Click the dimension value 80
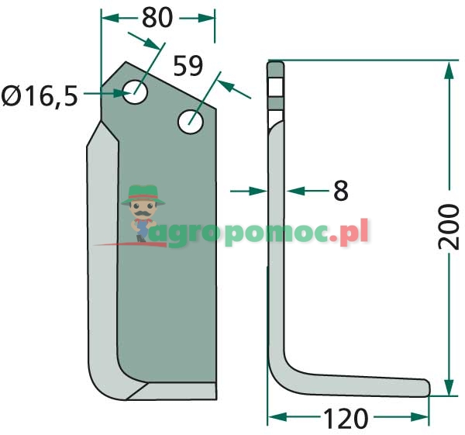157,18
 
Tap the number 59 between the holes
188,66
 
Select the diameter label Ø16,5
40,95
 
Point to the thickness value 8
341,191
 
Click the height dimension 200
448,226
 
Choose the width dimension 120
346,419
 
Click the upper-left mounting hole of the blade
135,91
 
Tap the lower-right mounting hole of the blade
191,122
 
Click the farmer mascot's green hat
143,195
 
